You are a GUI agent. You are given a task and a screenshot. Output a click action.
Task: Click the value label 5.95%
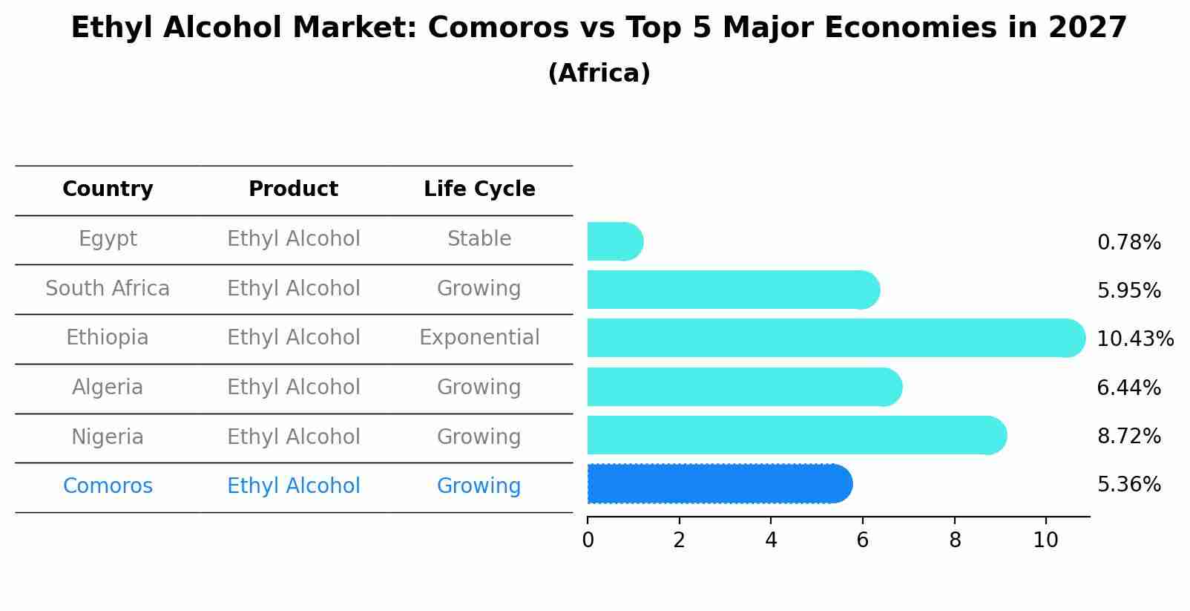click(1128, 291)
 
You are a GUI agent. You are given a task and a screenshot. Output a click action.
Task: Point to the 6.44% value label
click(1128, 388)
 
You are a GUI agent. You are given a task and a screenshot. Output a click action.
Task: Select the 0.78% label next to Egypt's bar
click(1128, 243)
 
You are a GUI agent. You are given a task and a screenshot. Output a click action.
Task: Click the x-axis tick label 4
click(771, 540)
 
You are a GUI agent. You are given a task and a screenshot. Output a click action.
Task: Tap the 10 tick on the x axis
click(1045, 540)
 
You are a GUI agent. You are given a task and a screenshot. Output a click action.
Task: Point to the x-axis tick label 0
click(588, 540)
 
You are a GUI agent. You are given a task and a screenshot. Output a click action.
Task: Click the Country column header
click(108, 189)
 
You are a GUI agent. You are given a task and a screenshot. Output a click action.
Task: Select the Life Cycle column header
click(479, 189)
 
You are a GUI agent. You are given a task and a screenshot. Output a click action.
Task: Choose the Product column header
click(293, 189)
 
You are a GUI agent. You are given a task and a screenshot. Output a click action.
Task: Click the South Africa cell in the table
click(108, 289)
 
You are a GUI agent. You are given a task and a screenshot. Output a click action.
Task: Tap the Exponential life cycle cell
click(479, 338)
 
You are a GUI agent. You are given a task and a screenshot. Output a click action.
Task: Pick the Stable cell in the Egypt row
click(479, 239)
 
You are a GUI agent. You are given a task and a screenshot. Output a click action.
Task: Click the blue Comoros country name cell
click(108, 486)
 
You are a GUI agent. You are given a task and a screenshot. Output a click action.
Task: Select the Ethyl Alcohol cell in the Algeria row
click(293, 388)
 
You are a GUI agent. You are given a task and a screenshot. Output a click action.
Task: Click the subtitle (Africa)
click(599, 73)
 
